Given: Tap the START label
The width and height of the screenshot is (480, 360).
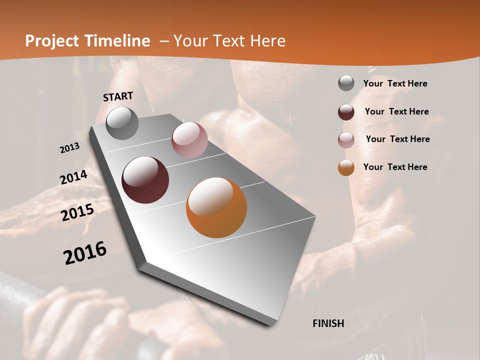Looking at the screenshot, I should tap(118, 96).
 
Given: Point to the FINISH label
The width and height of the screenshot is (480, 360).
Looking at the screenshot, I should tap(328, 323).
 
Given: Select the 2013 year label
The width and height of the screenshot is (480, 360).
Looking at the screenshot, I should tap(69, 148).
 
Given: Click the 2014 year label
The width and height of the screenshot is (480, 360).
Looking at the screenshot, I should tap(73, 177).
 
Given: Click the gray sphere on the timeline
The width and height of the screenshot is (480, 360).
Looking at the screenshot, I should tap(122, 123).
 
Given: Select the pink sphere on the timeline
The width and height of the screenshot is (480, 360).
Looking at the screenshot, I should tap(189, 140).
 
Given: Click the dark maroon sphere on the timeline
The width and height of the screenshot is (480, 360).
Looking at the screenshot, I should tap(145, 180).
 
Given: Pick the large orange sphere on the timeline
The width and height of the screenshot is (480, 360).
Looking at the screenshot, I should tap(216, 207).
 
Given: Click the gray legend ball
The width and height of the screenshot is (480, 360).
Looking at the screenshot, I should tap(346, 83).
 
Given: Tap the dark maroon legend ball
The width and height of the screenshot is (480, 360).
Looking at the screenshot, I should tap(346, 111).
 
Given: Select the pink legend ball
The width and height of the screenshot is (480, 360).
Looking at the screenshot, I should tap(346, 139).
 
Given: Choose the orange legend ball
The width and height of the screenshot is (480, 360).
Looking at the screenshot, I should tap(346, 167).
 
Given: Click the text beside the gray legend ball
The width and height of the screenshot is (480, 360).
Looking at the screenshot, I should tap(395, 84).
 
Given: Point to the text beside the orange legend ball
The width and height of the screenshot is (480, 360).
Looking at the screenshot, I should tap(395, 167).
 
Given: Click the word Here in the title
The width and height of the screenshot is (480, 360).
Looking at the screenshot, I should tap(267, 41).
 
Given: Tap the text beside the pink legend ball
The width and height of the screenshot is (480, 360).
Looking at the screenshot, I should tap(397, 139).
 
